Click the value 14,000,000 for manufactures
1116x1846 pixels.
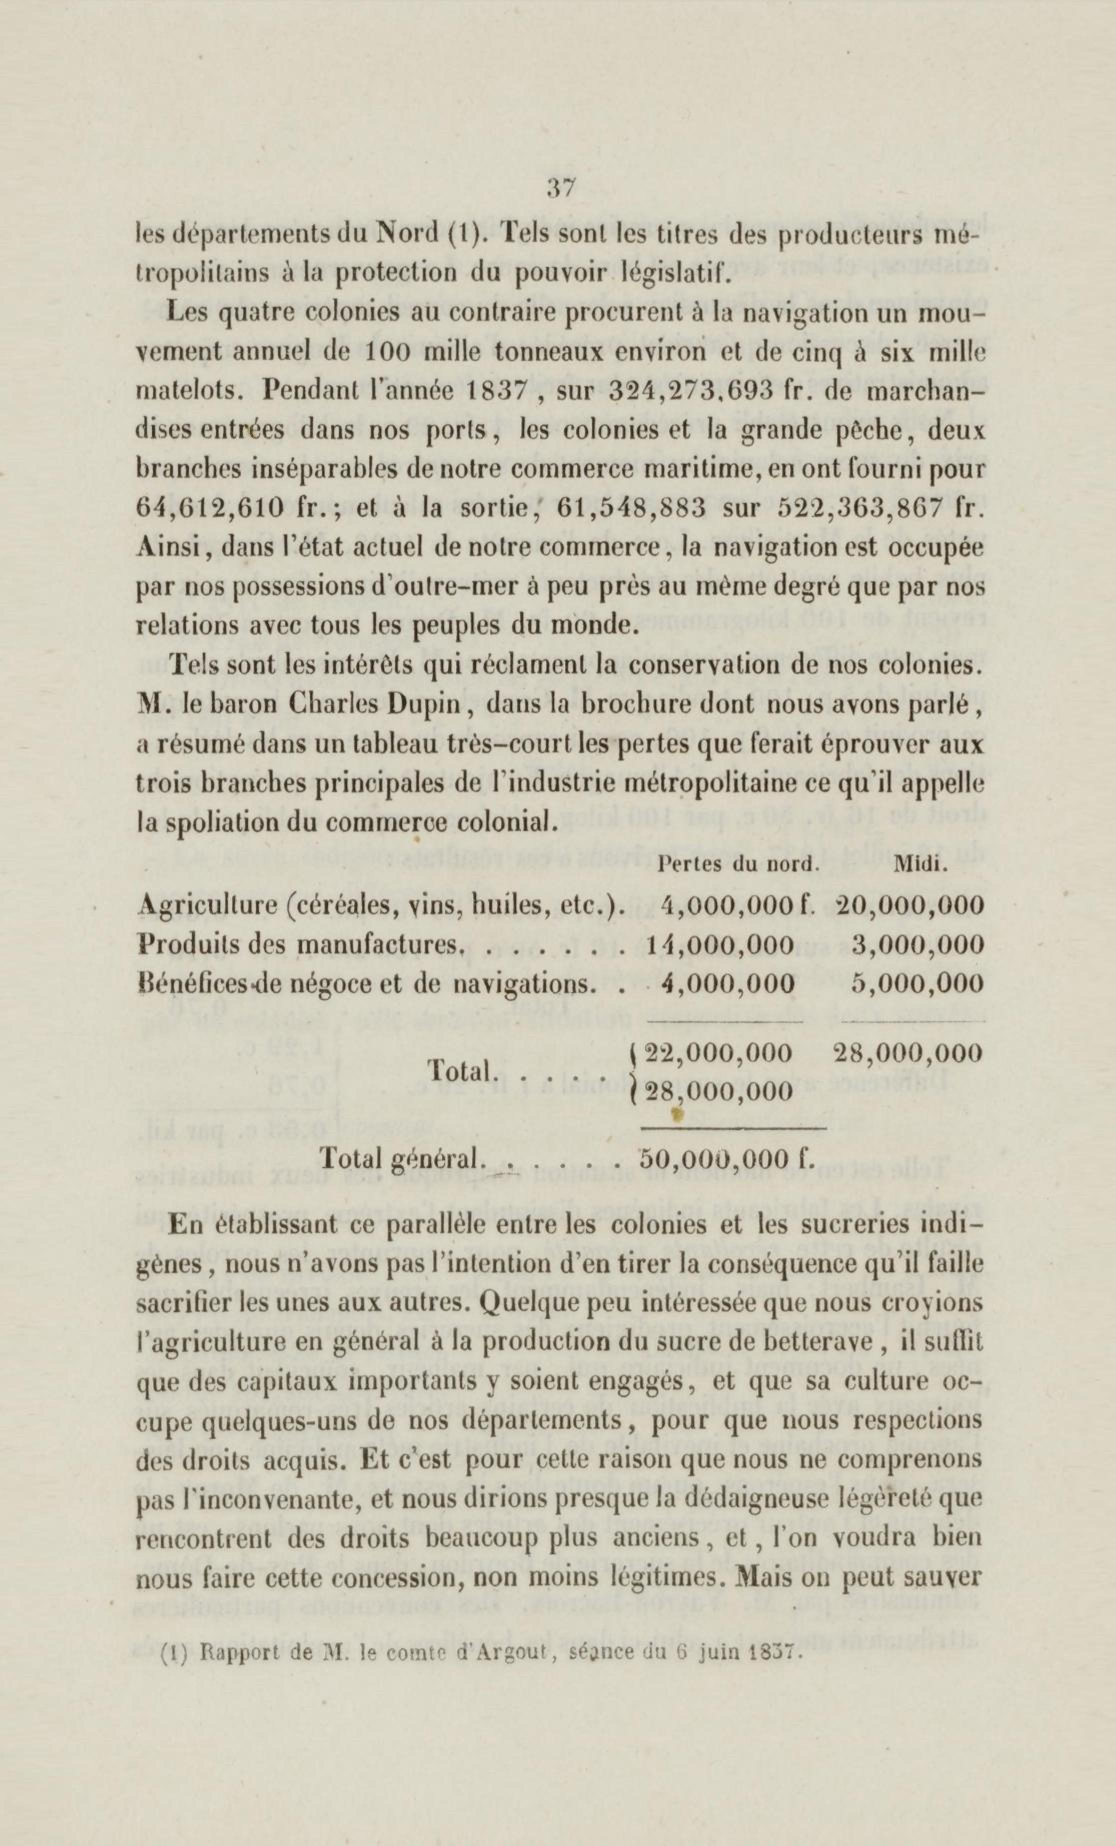(x=719, y=944)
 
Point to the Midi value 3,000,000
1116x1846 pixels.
(x=917, y=944)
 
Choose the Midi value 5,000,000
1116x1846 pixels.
(x=917, y=982)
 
